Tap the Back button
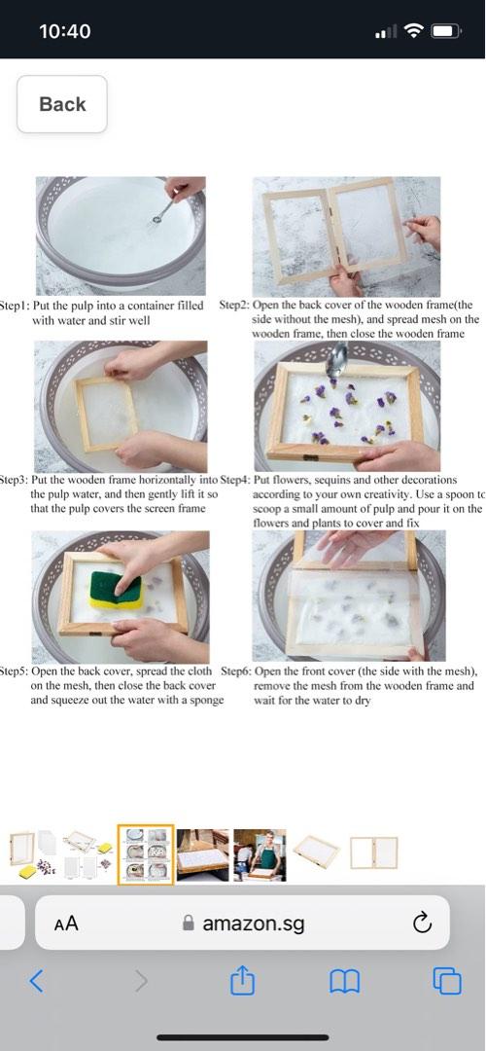[62, 104]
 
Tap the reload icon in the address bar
[422, 924]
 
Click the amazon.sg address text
[253, 924]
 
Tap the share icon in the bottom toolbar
[241, 982]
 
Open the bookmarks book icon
[344, 982]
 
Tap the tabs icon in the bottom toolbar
[447, 982]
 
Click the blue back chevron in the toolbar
[37, 981]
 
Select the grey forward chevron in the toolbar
[141, 981]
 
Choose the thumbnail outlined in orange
[146, 854]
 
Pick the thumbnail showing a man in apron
[260, 854]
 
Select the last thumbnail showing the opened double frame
[373, 852]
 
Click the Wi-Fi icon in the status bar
[415, 31]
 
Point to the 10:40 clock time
[65, 31]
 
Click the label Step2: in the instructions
[234, 306]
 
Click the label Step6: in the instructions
[236, 671]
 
